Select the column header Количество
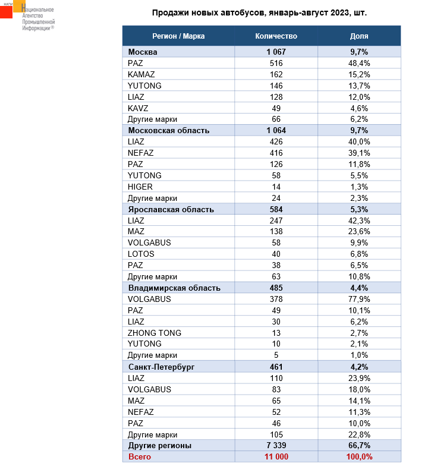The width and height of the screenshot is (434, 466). [x=276, y=36]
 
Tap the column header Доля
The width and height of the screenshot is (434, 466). [x=359, y=36]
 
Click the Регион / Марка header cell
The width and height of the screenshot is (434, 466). [x=178, y=36]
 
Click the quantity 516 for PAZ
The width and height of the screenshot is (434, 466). [x=276, y=63]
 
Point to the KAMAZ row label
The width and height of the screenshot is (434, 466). [x=140, y=74]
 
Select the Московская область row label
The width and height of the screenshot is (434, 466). [x=169, y=130]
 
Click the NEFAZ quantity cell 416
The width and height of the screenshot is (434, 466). [x=276, y=153]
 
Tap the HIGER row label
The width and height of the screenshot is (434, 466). [x=140, y=187]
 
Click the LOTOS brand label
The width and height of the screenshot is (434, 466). [x=141, y=254]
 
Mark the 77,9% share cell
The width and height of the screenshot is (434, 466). [x=359, y=299]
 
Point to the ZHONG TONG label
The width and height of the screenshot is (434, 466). [x=155, y=333]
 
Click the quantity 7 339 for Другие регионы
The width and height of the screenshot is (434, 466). [x=276, y=445]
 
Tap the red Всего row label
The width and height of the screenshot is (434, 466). [x=140, y=456]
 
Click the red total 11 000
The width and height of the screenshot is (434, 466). [x=276, y=456]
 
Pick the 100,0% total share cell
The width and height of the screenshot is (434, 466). [x=359, y=456]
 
